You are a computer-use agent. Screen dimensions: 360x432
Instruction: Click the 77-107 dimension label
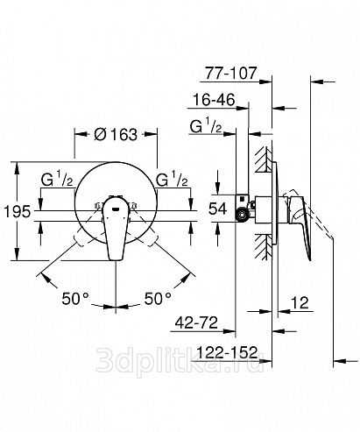(x=230, y=73)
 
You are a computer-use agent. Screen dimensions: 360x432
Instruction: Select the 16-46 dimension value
(x=214, y=100)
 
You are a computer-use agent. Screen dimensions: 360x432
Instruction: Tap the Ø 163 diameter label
(x=116, y=134)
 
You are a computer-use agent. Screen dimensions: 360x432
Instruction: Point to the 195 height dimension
(x=18, y=211)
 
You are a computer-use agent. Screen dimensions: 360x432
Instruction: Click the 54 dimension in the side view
(x=217, y=209)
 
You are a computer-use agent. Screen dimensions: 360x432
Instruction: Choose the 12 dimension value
(x=300, y=302)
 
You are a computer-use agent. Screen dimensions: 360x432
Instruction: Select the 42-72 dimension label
(x=196, y=322)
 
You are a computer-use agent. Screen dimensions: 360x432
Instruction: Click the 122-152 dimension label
(x=228, y=352)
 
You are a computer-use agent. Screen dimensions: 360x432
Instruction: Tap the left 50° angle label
(x=74, y=298)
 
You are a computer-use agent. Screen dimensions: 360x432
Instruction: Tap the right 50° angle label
(x=158, y=298)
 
